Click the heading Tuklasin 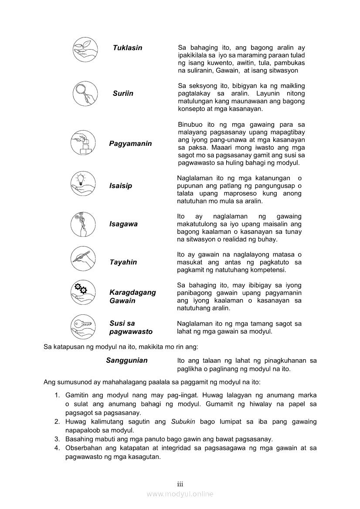pos(127,48)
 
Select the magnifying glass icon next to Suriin pos(85,93)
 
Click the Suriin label pos(123,93)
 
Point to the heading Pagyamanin pos(130,144)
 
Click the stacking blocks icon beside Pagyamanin pos(83,142)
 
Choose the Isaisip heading pos(120,186)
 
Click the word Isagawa pos(123,224)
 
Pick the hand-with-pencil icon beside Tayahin pos(83,259)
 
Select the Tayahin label pos(123,262)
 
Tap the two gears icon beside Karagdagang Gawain pos(83,292)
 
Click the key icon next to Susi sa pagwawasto pos(83,326)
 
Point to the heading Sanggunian pos(127,361)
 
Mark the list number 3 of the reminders pos(57,439)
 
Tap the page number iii pos(180,484)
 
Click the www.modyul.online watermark pos(180,494)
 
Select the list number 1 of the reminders pos(57,395)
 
